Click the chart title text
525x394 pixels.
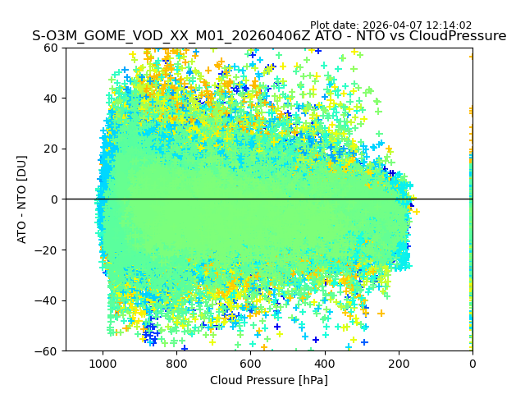[269, 36]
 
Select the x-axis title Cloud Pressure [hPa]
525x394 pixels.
[269, 380]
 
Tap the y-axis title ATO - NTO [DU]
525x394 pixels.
[22, 199]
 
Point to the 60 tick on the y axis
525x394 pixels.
[51, 48]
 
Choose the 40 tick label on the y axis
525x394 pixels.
[51, 98]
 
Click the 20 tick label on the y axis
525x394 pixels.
[51, 149]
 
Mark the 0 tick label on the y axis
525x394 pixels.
[54, 199]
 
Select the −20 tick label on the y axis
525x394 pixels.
[48, 250]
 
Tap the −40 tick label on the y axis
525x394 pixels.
[48, 300]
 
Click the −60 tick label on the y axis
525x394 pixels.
[48, 351]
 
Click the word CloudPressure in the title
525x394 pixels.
[460, 36]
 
